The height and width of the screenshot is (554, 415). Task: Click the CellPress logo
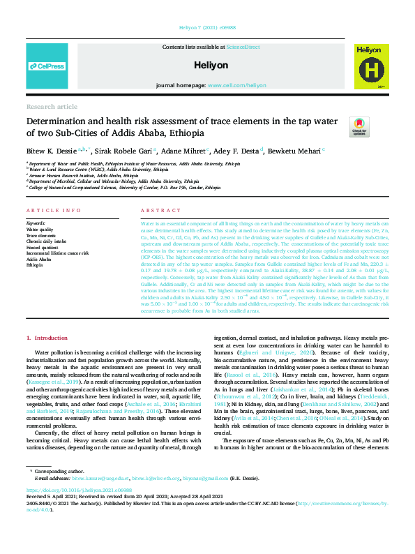tap(47, 66)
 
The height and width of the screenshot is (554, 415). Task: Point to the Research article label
tap(52, 106)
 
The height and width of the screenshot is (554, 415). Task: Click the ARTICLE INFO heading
tap(48, 210)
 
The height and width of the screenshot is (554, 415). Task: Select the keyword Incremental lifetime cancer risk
tap(58, 253)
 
